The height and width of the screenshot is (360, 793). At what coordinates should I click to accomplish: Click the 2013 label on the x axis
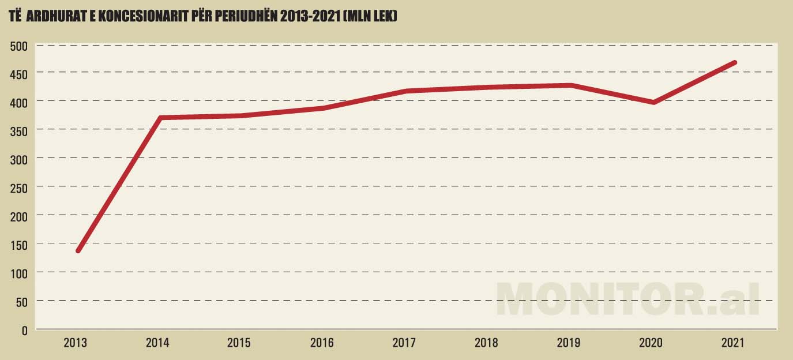[75, 343]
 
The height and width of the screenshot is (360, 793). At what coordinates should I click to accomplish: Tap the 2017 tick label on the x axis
[404, 343]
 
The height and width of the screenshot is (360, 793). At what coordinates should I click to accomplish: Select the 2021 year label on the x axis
[733, 343]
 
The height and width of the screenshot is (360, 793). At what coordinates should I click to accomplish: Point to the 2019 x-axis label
[569, 343]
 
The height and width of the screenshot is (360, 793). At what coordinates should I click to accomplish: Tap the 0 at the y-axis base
[24, 331]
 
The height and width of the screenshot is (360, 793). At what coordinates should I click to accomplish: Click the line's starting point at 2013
[78, 250]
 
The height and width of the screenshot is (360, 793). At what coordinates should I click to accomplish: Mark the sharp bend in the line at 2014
[160, 118]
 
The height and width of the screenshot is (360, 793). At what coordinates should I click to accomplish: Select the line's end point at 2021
[734, 62]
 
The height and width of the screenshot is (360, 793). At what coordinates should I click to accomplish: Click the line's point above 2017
[406, 91]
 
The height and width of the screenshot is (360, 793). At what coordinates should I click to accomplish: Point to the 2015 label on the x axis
[239, 343]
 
